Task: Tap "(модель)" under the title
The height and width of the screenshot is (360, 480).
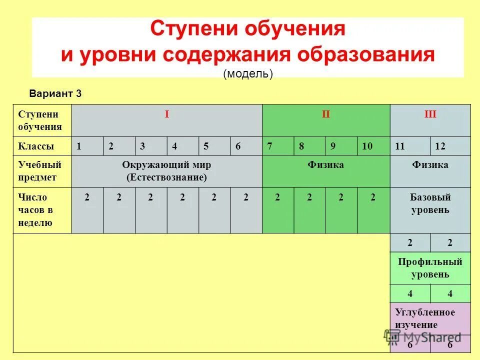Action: click(x=248, y=73)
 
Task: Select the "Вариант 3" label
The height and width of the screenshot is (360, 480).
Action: click(x=55, y=93)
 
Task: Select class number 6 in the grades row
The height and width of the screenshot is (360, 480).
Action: click(x=238, y=146)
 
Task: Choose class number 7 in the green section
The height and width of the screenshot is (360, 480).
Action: click(x=270, y=146)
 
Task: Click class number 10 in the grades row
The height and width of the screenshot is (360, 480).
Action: click(x=367, y=146)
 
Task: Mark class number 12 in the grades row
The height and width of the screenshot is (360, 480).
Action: click(x=440, y=146)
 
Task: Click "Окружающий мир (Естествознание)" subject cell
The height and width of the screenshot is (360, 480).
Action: click(x=167, y=170)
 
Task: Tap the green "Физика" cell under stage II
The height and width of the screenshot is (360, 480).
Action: click(x=326, y=165)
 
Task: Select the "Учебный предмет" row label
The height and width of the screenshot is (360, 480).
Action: click(x=39, y=170)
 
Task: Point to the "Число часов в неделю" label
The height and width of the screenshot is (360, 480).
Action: click(x=36, y=210)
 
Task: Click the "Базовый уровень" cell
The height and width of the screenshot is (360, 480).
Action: click(x=430, y=204)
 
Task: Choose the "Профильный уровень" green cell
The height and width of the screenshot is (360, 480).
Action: click(x=430, y=268)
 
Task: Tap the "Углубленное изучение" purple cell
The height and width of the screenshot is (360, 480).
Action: click(x=425, y=318)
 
